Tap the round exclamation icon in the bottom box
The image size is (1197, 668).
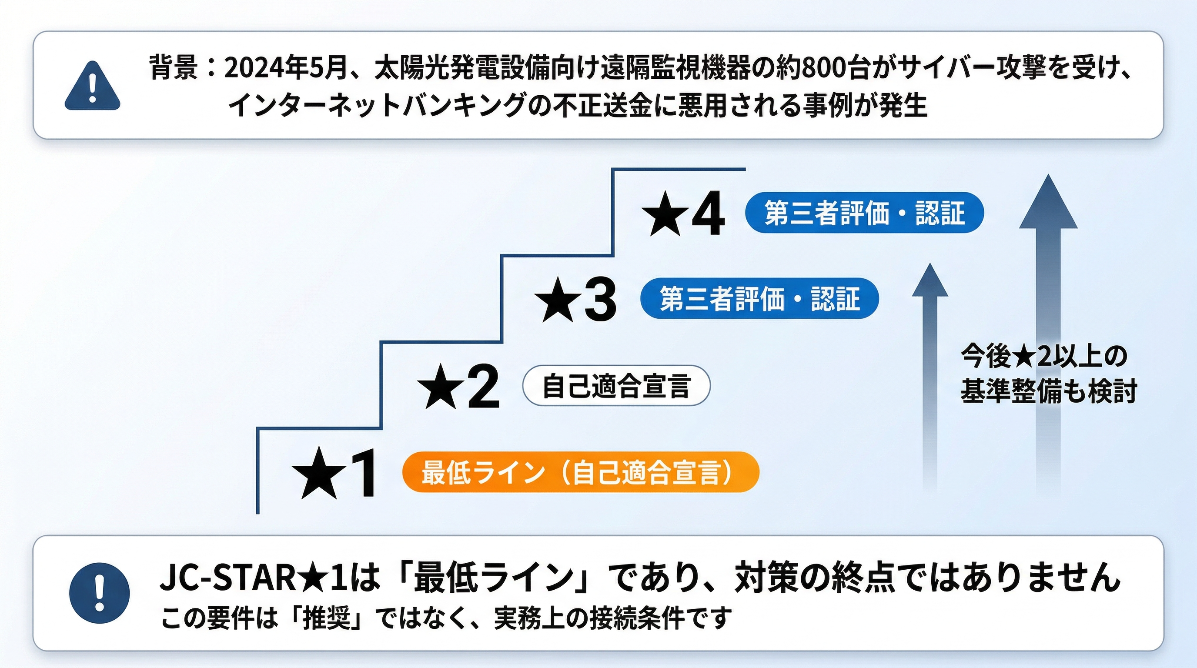[x=99, y=593]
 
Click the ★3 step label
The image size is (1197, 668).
[x=576, y=300]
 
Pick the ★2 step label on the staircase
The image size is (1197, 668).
[x=458, y=387]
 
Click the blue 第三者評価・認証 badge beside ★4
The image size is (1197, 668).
[x=864, y=213]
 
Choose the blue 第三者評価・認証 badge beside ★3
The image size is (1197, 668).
[x=759, y=298]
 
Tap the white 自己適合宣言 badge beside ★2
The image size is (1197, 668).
[x=616, y=386]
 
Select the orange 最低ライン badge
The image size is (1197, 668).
[x=580, y=471]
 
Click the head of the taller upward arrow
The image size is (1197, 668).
[x=1048, y=204]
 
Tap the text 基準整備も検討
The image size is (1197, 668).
[x=1048, y=391]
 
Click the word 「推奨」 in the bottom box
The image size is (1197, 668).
[x=326, y=618]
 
